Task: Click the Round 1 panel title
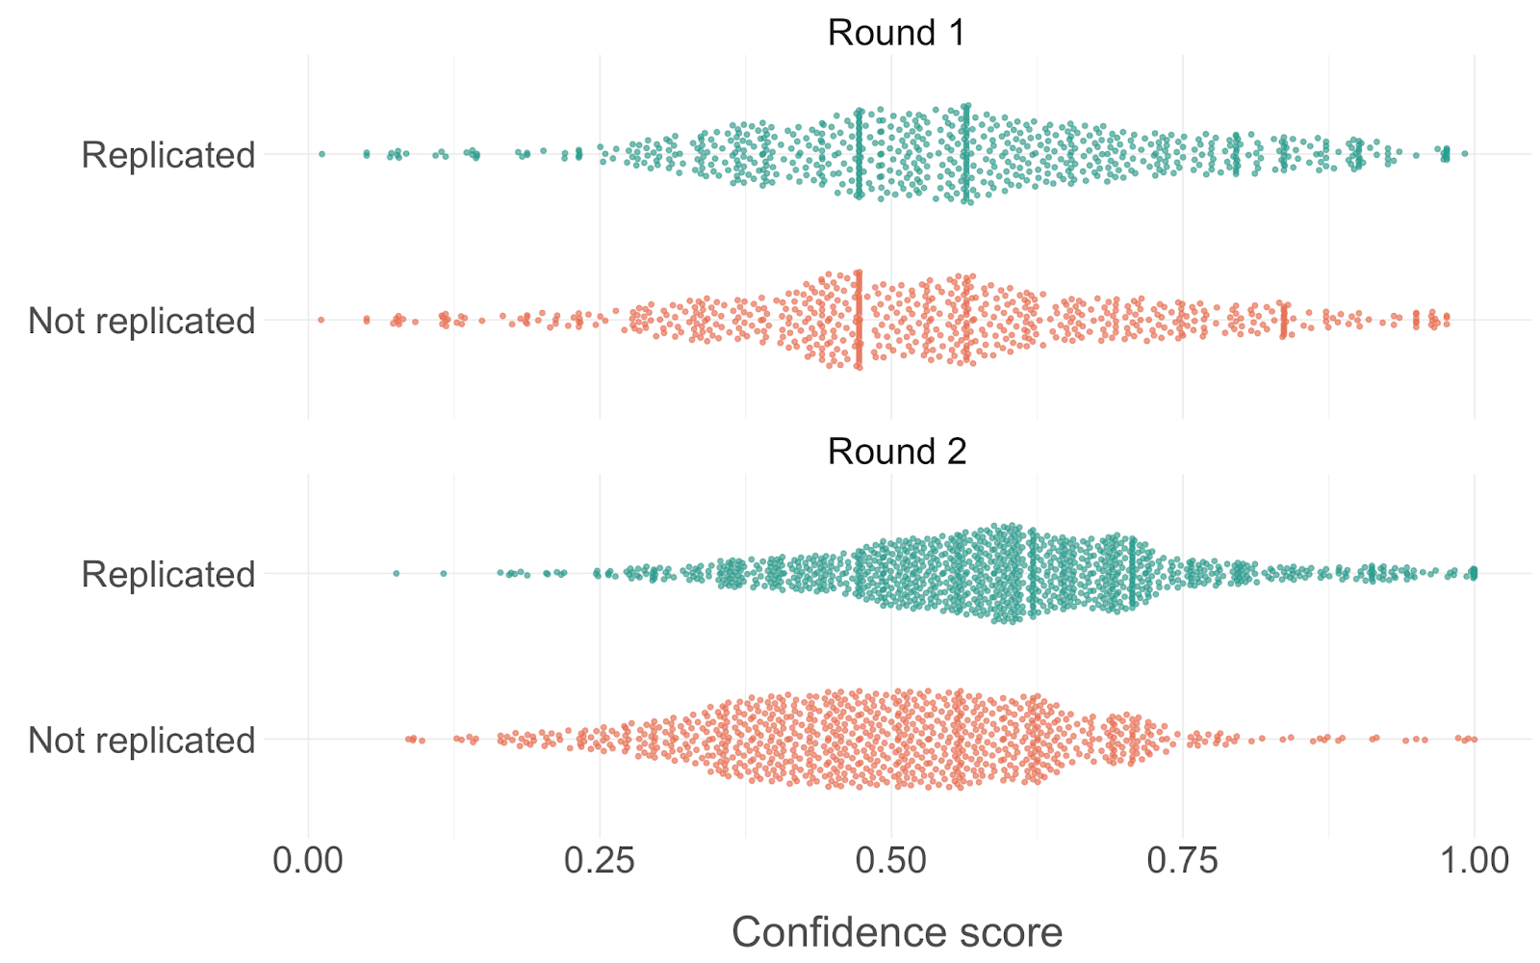coord(895,33)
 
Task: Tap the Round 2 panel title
coord(896,452)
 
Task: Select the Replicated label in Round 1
coord(168,155)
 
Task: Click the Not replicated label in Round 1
coord(141,321)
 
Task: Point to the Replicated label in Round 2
coord(168,575)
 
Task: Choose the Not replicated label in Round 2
coord(141,741)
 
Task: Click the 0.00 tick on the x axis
coord(308,860)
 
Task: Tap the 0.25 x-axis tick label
coord(600,860)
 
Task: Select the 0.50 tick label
coord(891,860)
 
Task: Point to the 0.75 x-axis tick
coord(1183,860)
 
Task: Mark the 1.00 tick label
coord(1474,860)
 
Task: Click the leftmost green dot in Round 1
coord(321,154)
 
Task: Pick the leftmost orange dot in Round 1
coord(321,320)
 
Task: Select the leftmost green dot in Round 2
coord(396,574)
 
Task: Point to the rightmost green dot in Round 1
coord(1465,154)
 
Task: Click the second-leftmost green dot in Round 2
coord(443,574)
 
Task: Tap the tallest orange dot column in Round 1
coord(859,320)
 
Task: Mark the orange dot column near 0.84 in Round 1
coord(1284,320)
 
